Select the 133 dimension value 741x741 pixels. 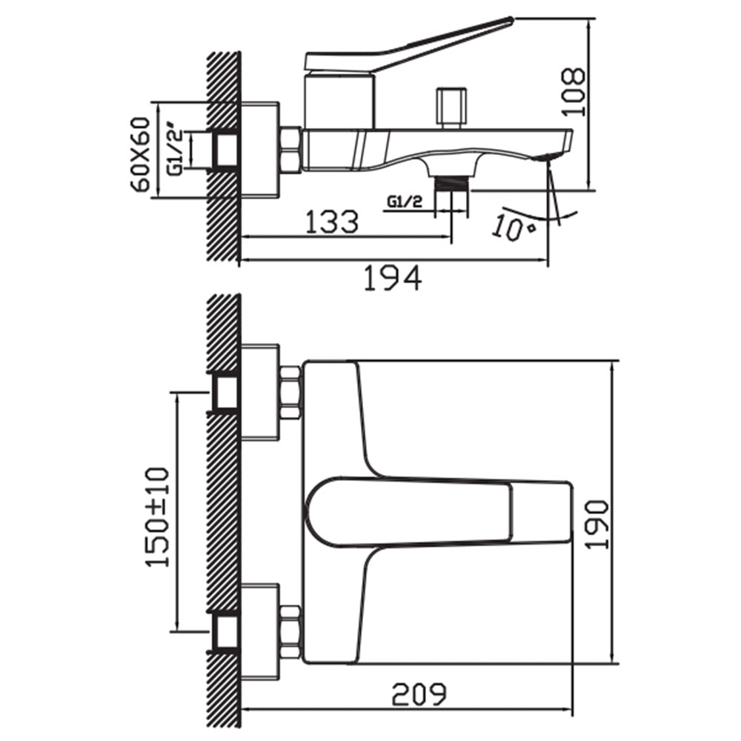coord(332,222)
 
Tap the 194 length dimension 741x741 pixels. coord(393,278)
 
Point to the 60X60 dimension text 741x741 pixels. coord(142,154)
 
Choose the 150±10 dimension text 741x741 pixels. coord(157,517)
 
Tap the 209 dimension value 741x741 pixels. coord(419,694)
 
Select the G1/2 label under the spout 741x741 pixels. coord(405,202)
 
